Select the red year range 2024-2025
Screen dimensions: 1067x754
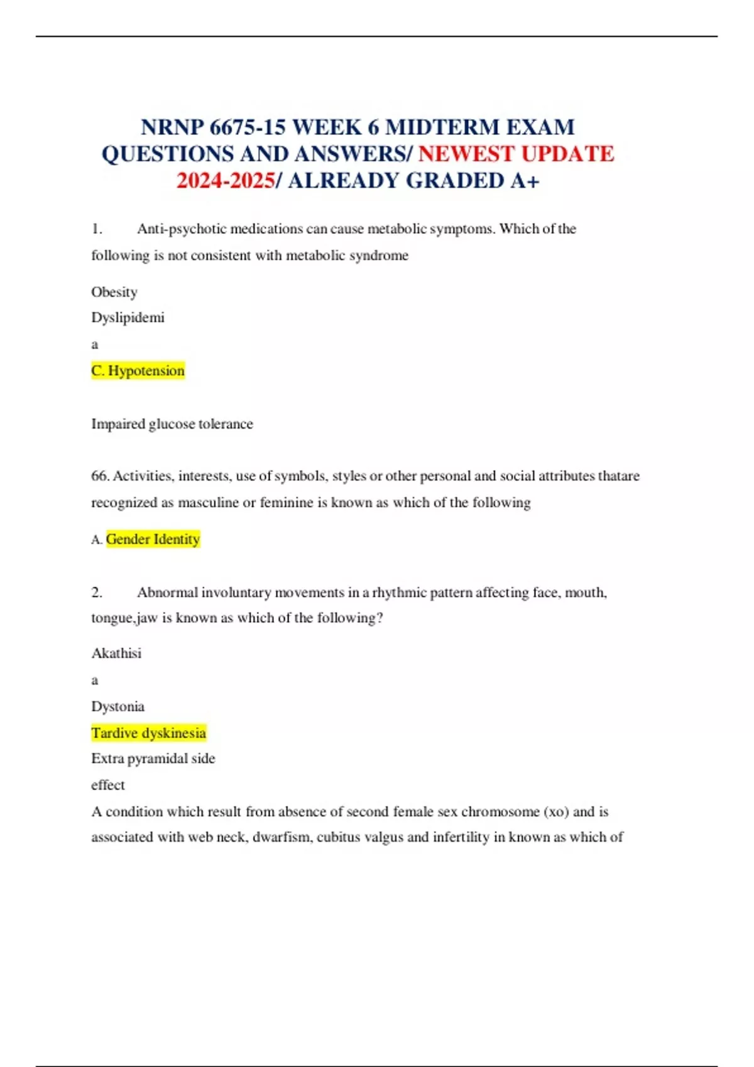pos(226,181)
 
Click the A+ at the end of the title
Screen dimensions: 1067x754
pos(525,181)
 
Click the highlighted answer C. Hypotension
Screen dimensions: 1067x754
pos(138,370)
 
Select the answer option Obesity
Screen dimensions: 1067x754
pos(114,292)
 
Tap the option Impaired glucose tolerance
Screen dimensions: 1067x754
pos(172,424)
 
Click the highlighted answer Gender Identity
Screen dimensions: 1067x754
pos(153,539)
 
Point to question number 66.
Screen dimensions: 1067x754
pos(99,476)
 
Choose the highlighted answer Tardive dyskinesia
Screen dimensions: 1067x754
pos(149,732)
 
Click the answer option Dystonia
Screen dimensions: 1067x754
pos(118,706)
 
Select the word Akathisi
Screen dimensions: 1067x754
pos(116,653)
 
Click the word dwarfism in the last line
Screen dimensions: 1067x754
pos(283,837)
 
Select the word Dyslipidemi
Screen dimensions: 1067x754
pos(128,318)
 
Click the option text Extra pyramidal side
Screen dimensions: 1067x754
pos(153,758)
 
